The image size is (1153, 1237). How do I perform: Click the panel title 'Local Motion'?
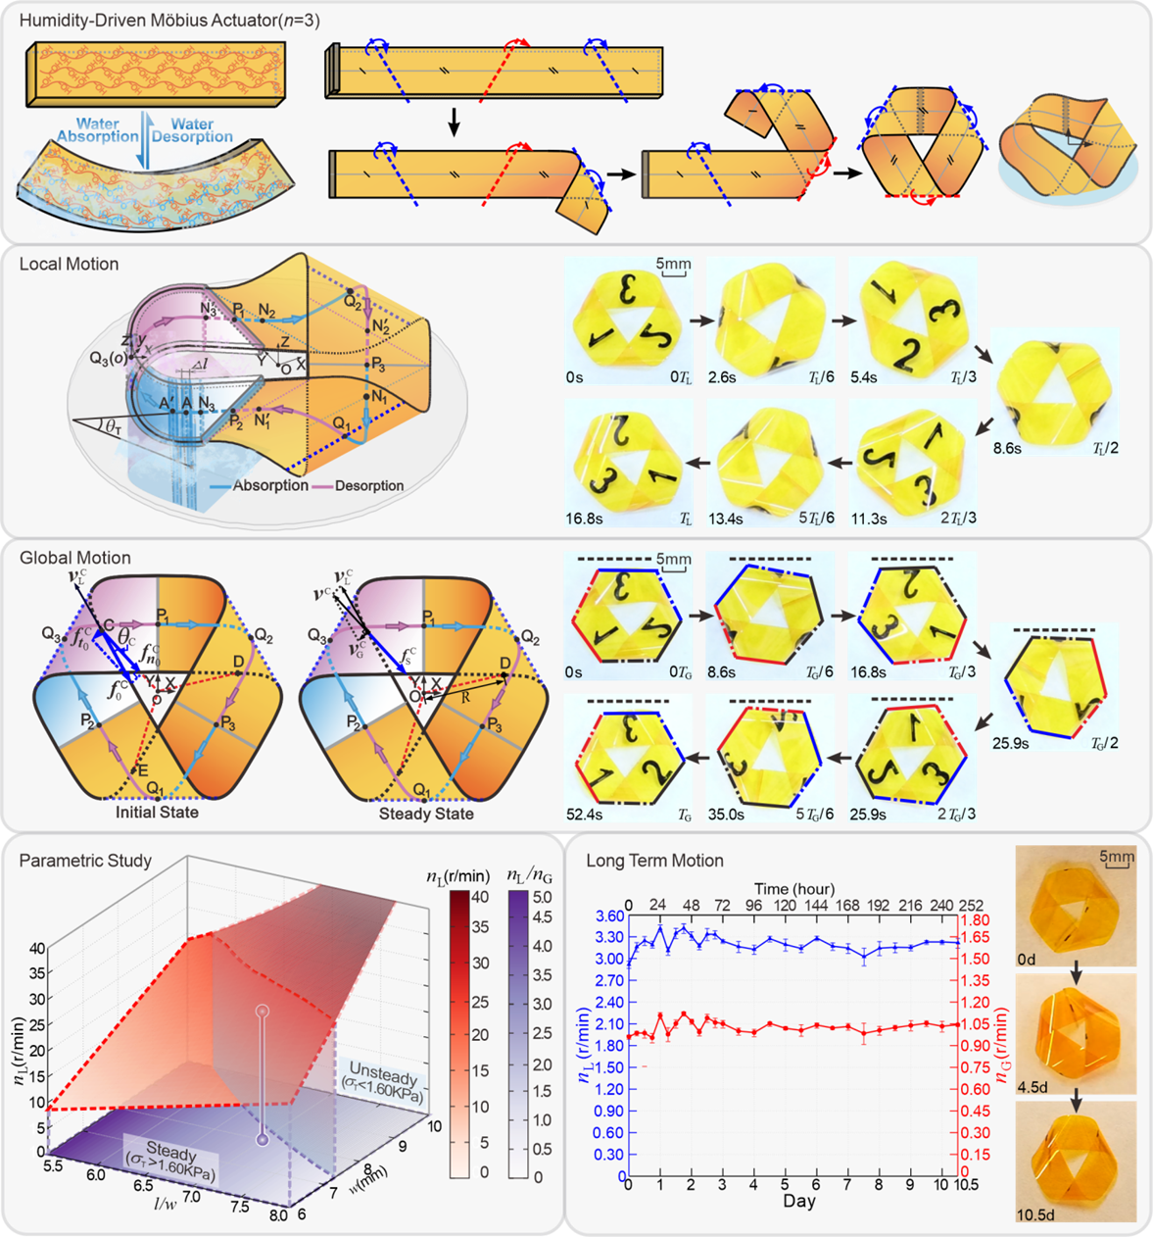(69, 265)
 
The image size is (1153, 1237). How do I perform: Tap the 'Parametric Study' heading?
(85, 861)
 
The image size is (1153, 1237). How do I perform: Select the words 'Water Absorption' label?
(98, 130)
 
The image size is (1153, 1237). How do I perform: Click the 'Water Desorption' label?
(192, 130)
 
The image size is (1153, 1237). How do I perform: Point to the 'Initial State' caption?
(157, 813)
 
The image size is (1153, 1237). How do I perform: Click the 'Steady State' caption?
(426, 814)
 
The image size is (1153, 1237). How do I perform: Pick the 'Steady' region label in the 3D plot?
(171, 1149)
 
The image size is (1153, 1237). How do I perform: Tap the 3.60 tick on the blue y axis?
(609, 916)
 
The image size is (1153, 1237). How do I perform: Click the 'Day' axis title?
(798, 1201)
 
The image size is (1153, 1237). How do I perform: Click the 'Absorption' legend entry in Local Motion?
(270, 485)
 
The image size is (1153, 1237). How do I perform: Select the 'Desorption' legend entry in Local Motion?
(368, 485)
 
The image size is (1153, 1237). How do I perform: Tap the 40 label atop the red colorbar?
(480, 896)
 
